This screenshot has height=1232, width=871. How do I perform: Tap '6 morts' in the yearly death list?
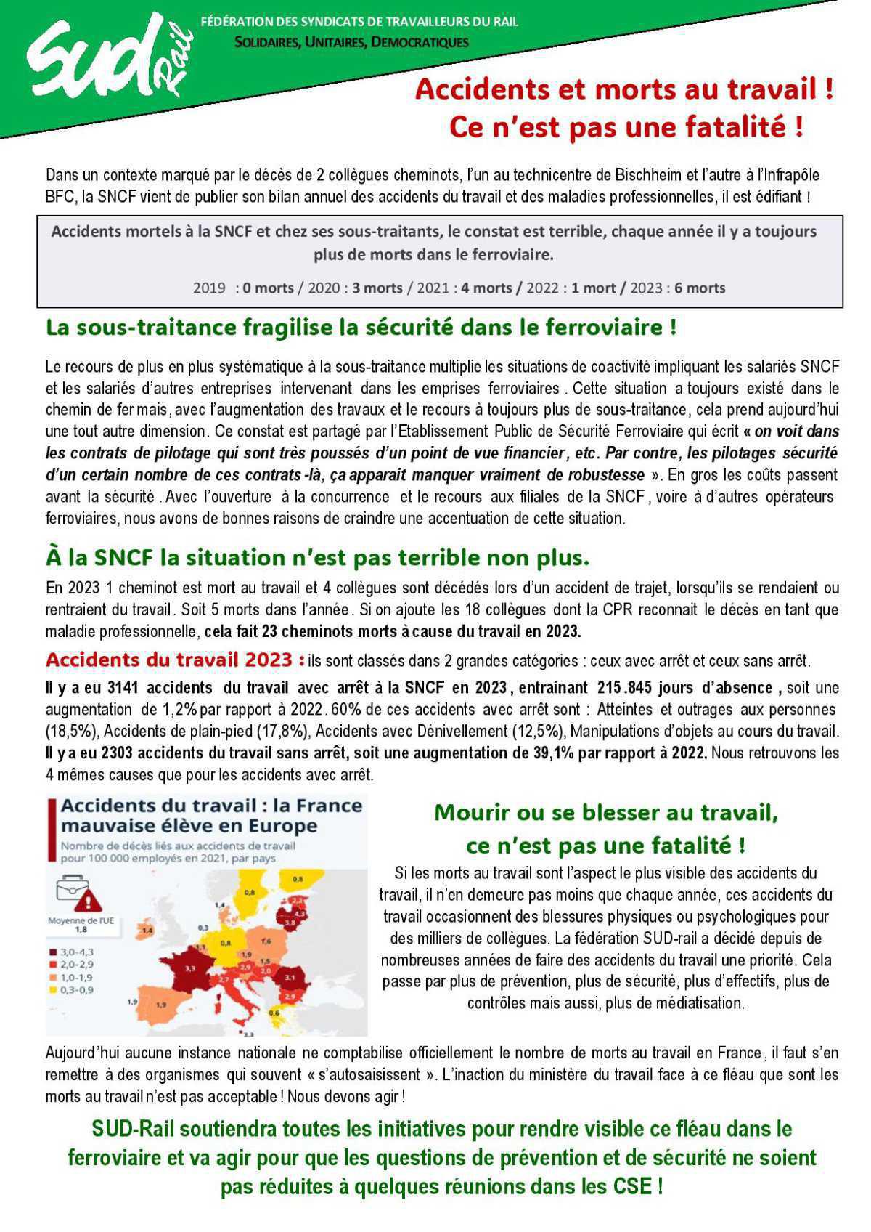click(700, 288)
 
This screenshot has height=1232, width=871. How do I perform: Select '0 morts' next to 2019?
click(268, 288)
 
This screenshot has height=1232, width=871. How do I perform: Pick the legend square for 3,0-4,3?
click(53, 952)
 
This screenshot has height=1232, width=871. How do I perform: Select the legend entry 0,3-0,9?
click(77, 990)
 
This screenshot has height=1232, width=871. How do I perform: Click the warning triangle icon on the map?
click(87, 902)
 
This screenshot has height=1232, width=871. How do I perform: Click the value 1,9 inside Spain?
click(161, 1005)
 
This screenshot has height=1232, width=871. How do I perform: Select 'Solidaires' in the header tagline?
click(265, 42)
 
